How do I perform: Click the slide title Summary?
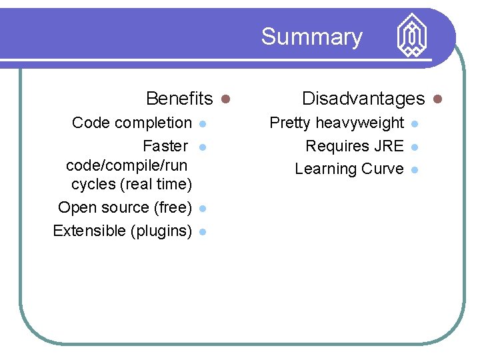coord(311,37)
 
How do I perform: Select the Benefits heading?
coord(179,99)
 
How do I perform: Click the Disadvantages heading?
coord(363,99)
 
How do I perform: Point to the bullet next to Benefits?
coord(225,99)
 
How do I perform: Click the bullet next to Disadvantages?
coord(437,99)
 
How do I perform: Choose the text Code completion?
coord(131,123)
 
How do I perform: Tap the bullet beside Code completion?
coord(203,123)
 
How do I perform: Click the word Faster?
coord(165,146)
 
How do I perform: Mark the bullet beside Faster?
coord(203,147)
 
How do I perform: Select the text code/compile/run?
coord(127,165)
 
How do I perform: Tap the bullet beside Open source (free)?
coord(203,208)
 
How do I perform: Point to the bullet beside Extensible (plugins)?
coord(203,231)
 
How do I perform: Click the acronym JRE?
coord(389,146)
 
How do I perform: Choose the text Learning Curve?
coord(349,169)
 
